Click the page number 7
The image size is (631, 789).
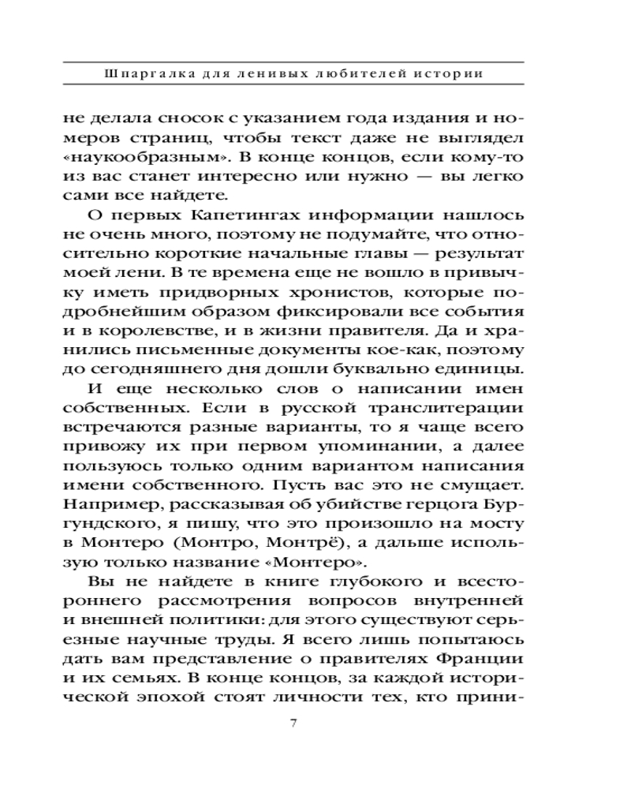tap(293, 723)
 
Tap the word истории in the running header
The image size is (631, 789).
tap(448, 74)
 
